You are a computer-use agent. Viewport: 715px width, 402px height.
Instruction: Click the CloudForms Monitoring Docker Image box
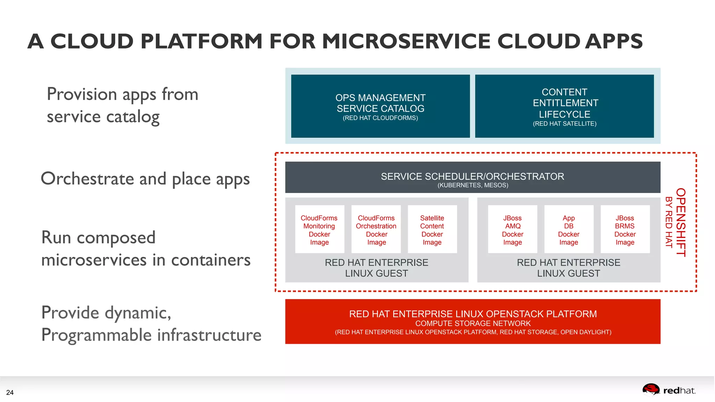pyautogui.click(x=319, y=230)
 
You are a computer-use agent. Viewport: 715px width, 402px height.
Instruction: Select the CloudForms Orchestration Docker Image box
pyautogui.click(x=376, y=230)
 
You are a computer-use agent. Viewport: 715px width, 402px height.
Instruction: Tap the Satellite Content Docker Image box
pyautogui.click(x=432, y=230)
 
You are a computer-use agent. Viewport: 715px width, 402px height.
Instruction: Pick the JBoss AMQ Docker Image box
pyautogui.click(x=513, y=230)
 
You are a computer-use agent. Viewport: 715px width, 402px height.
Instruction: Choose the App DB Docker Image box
pyautogui.click(x=569, y=230)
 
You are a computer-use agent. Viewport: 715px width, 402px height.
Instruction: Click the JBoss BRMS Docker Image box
pyautogui.click(x=625, y=230)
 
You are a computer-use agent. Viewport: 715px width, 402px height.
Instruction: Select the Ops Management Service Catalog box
pyautogui.click(x=380, y=106)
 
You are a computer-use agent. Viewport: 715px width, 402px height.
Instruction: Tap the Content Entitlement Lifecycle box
pyautogui.click(x=565, y=106)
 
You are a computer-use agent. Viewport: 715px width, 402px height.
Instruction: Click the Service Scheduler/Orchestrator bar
pyautogui.click(x=472, y=177)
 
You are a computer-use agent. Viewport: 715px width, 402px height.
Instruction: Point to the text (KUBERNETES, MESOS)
pyautogui.click(x=473, y=185)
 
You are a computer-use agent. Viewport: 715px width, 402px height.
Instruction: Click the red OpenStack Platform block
pyautogui.click(x=473, y=321)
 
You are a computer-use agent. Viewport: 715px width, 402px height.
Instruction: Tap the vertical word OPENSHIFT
pyautogui.click(x=681, y=222)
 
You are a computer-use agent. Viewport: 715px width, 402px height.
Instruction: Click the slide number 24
pyautogui.click(x=10, y=393)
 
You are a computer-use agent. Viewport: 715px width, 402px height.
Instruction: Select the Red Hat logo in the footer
pyautogui.click(x=669, y=390)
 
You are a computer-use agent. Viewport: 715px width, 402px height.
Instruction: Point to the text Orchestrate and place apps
pyautogui.click(x=145, y=179)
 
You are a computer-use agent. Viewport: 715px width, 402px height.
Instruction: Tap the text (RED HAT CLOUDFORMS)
pyautogui.click(x=380, y=118)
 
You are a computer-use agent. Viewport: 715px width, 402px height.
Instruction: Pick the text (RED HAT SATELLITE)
pyautogui.click(x=565, y=124)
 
